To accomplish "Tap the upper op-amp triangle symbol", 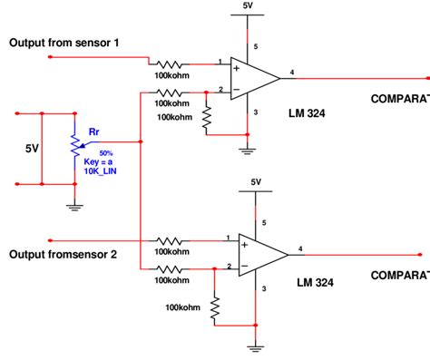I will point(256,77).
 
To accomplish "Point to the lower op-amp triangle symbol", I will point(263,255).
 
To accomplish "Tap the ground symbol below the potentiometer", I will point(73,206).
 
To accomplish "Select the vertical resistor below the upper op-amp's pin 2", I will point(207,117).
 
